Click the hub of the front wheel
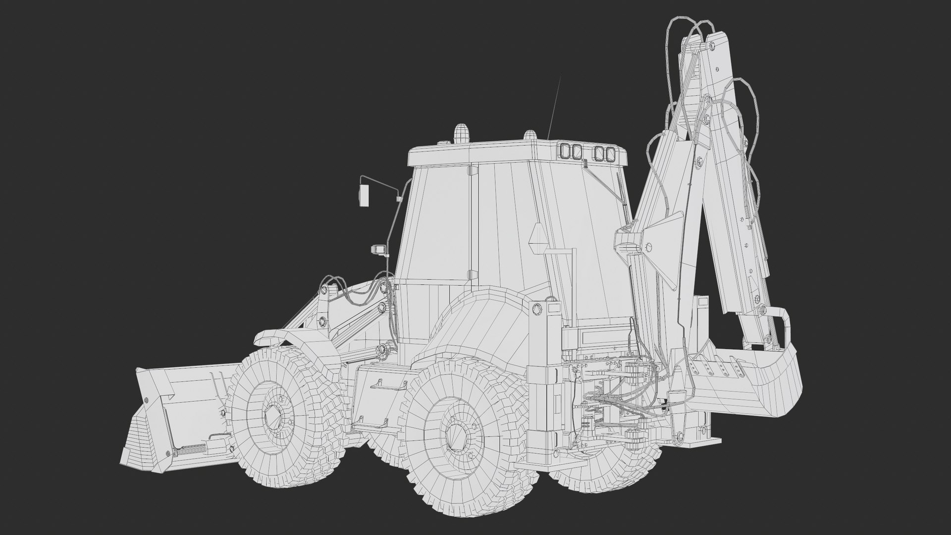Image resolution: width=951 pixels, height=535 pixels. [273, 415]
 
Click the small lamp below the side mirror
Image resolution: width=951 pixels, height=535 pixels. [379, 249]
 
